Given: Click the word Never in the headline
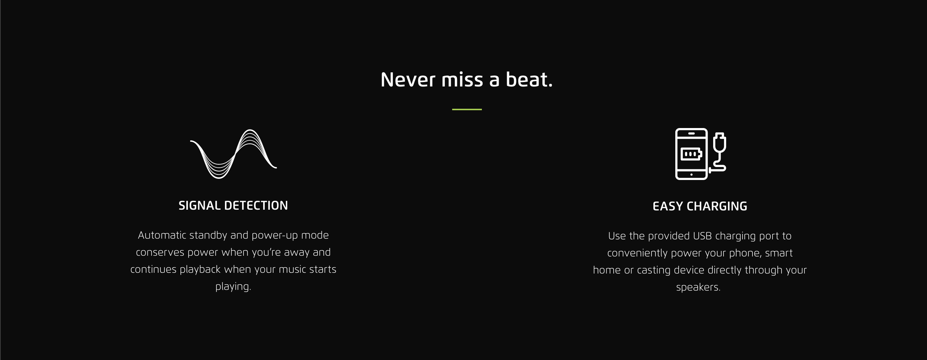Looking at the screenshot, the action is [408, 80].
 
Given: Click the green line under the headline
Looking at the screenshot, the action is [467, 109].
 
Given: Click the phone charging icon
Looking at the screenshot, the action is [700, 154].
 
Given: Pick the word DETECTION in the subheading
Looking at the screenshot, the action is [256, 206].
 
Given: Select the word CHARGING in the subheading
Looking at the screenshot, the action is [717, 206].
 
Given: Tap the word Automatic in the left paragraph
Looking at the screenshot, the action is [162, 235].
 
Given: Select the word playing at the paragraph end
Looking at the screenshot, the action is [232, 287].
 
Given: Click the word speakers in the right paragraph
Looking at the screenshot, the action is [698, 288].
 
